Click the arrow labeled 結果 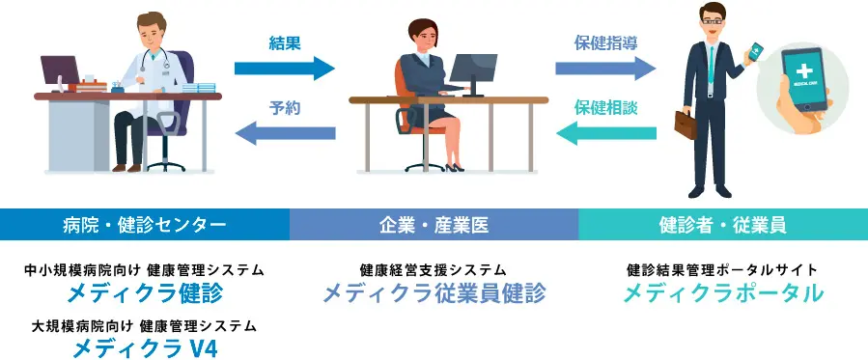tap(285, 69)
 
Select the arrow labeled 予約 tap(285, 133)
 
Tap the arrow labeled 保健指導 tap(605, 69)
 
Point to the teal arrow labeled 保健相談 tap(606, 133)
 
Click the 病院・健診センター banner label tap(145, 225)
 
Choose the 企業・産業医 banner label tap(434, 225)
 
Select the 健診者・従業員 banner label tap(723, 225)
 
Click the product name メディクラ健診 tap(145, 293)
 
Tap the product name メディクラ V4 tap(145, 348)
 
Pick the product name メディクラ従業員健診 tap(434, 293)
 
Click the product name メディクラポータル tap(723, 293)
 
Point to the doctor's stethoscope tap(155, 60)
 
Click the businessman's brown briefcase tap(686, 125)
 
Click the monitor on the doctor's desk tap(60, 71)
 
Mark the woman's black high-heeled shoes tap(455, 167)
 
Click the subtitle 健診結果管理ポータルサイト tap(722, 270)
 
